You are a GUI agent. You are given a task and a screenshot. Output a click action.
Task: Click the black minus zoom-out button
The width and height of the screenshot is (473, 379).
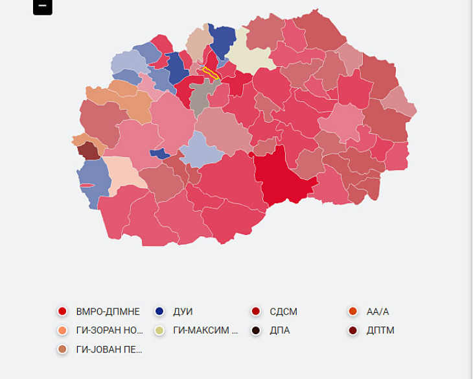click(42, 6)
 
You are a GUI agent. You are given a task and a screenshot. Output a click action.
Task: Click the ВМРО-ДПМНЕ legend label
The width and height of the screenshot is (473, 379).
click(108, 312)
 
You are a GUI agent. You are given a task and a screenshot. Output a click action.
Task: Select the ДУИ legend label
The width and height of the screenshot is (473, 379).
click(183, 312)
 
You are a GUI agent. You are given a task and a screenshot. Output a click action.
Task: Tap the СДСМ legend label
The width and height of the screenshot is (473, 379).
click(283, 312)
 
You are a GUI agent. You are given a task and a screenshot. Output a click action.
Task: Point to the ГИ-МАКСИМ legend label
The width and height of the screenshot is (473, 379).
click(205, 330)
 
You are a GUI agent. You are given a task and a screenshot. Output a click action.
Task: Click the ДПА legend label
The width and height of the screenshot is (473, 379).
click(280, 330)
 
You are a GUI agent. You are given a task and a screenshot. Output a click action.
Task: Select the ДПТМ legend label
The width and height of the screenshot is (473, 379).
click(380, 330)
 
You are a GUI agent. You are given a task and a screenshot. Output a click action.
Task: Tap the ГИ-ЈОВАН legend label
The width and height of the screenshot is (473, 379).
click(108, 349)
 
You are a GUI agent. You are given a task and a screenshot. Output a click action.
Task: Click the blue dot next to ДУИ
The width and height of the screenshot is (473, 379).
click(160, 312)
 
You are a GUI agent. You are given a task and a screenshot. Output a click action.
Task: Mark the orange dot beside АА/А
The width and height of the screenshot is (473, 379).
click(353, 312)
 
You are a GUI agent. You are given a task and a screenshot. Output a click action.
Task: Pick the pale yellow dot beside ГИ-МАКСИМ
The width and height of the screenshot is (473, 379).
click(160, 330)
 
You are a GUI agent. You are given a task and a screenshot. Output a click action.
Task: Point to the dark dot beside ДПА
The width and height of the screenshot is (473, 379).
click(256, 330)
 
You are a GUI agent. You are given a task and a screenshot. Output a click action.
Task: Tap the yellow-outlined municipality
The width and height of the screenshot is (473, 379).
click(211, 73)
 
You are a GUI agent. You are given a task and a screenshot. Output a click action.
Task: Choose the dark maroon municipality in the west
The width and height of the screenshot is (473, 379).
click(87, 151)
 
